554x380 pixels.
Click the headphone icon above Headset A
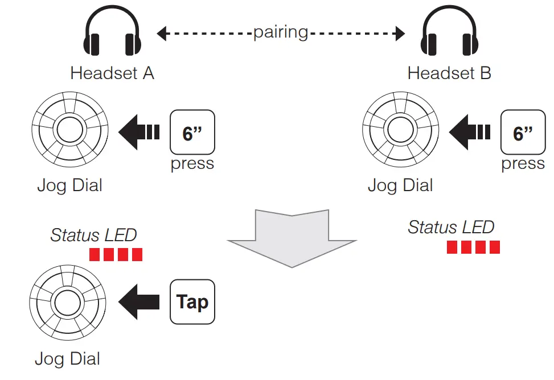tap(112, 35)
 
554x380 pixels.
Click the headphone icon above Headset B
tap(449, 35)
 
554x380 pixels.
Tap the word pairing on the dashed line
tap(281, 32)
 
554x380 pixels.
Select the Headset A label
tap(112, 73)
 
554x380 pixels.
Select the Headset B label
tap(449, 73)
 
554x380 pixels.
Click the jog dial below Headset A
tap(70, 133)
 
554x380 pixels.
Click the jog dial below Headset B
tap(401, 133)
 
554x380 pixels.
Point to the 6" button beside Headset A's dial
tap(192, 133)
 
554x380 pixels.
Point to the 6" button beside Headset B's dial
tap(523, 133)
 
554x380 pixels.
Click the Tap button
tap(192, 301)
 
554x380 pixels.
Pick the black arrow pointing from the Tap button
tap(138, 301)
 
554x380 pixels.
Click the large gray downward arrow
tap(292, 236)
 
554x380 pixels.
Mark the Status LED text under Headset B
tap(451, 228)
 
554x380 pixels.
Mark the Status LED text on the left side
tap(93, 236)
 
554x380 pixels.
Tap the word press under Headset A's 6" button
tap(192, 164)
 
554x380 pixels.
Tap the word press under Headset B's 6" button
tap(523, 164)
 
